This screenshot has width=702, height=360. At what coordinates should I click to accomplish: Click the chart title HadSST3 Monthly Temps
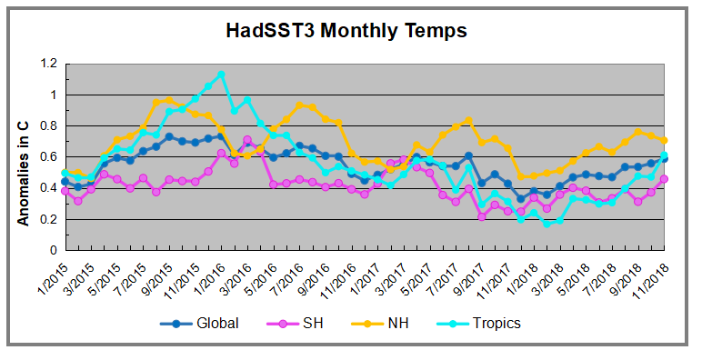[346, 31]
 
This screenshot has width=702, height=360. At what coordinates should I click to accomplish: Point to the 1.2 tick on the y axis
[47, 64]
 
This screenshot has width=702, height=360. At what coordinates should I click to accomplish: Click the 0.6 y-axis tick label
[47, 156]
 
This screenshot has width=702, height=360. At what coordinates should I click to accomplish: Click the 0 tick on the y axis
[53, 250]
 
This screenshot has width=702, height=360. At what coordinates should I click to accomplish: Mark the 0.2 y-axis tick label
[47, 219]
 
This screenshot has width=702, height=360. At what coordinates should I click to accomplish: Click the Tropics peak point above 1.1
[222, 75]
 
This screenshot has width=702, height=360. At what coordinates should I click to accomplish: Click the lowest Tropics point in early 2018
[547, 223]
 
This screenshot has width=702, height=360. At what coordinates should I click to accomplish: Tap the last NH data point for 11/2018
[665, 140]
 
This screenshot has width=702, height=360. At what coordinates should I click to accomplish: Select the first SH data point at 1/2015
[65, 191]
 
